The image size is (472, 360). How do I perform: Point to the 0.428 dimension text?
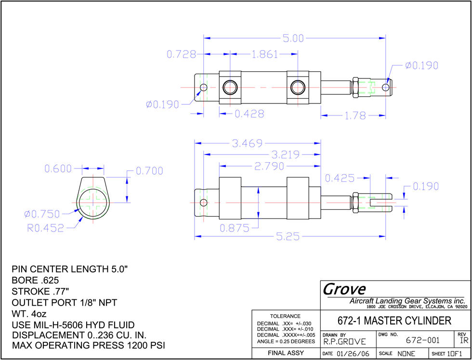click(x=249, y=114)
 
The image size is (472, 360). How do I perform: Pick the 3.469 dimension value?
click(x=248, y=143)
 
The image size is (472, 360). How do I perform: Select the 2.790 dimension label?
click(x=269, y=166)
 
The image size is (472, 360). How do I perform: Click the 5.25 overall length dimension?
click(x=288, y=237)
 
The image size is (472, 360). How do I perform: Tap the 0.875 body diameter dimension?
click(x=235, y=229)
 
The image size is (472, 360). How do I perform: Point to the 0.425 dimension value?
click(x=340, y=179)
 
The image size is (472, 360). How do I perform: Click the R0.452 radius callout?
click(x=46, y=228)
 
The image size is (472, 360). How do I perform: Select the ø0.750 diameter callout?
click(x=42, y=214)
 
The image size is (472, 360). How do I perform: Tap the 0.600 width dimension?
click(x=58, y=169)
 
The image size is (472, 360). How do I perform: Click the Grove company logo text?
click(x=344, y=289)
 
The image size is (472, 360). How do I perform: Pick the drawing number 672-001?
click(x=423, y=340)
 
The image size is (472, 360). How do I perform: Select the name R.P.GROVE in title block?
click(x=345, y=342)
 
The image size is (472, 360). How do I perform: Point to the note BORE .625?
click(x=35, y=280)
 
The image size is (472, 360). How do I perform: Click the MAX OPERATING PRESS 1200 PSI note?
click(x=89, y=345)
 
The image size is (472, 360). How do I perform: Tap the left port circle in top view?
click(x=230, y=87)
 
